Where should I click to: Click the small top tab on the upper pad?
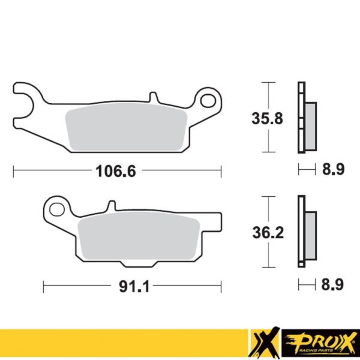tap(154, 96)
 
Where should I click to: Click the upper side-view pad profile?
tap(306, 116)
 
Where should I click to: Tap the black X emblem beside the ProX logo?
tap(269, 344)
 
